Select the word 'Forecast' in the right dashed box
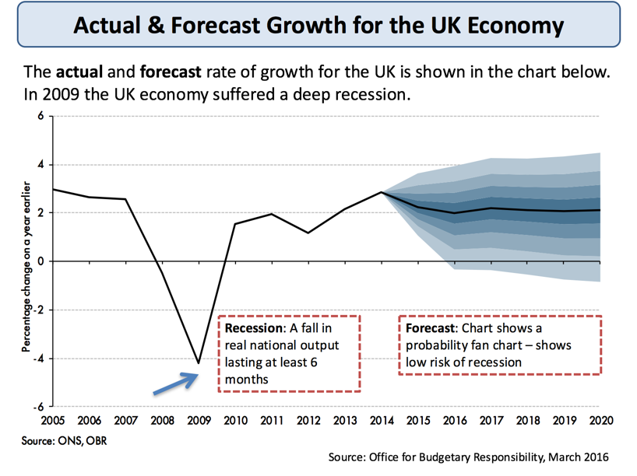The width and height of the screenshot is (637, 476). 431,327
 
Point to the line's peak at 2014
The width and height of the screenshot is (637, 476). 381,192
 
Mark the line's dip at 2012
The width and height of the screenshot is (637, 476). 308,233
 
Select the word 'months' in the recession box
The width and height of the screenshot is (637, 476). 247,380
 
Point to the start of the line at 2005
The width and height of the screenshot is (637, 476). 53,189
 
